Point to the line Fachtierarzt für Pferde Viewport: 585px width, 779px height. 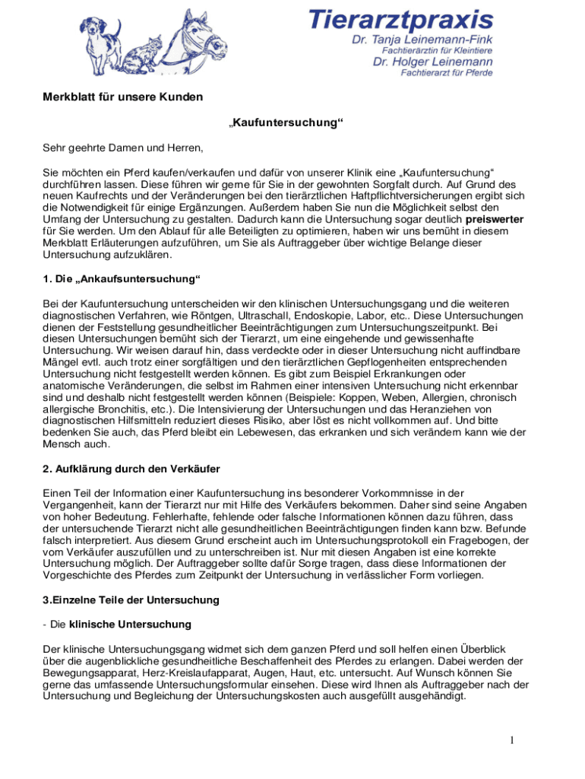coord(447,73)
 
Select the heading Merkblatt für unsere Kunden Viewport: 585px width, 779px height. coord(122,97)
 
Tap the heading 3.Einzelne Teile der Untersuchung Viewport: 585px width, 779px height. coord(131,600)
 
